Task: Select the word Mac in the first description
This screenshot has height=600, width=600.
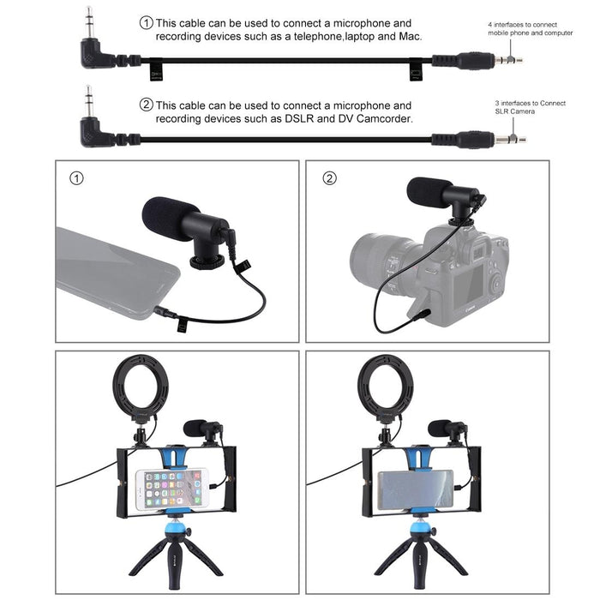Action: click(412, 38)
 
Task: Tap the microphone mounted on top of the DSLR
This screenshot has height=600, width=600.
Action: click(444, 195)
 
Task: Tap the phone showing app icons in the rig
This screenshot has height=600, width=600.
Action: click(171, 489)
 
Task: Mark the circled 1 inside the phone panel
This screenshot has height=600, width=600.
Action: click(77, 179)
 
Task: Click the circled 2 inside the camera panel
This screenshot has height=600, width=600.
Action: click(330, 179)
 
